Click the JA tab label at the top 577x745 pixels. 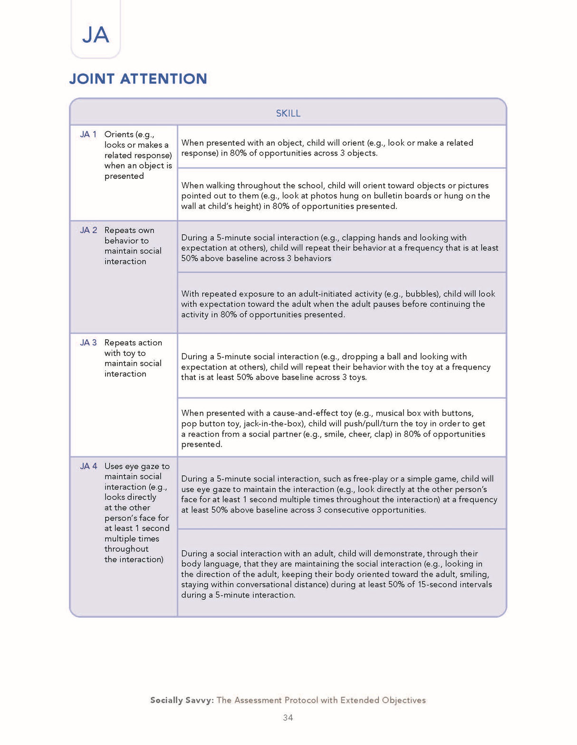point(96,35)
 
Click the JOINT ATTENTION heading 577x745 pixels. point(138,78)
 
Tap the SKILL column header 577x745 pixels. point(288,113)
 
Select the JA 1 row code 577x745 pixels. point(88,135)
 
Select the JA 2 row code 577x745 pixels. point(88,230)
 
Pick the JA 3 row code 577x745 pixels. point(88,343)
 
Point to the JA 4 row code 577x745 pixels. point(88,466)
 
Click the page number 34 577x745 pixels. point(288,717)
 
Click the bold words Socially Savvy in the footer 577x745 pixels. point(181,700)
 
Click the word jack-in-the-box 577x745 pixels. point(273,424)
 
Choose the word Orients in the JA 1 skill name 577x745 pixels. point(118,135)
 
